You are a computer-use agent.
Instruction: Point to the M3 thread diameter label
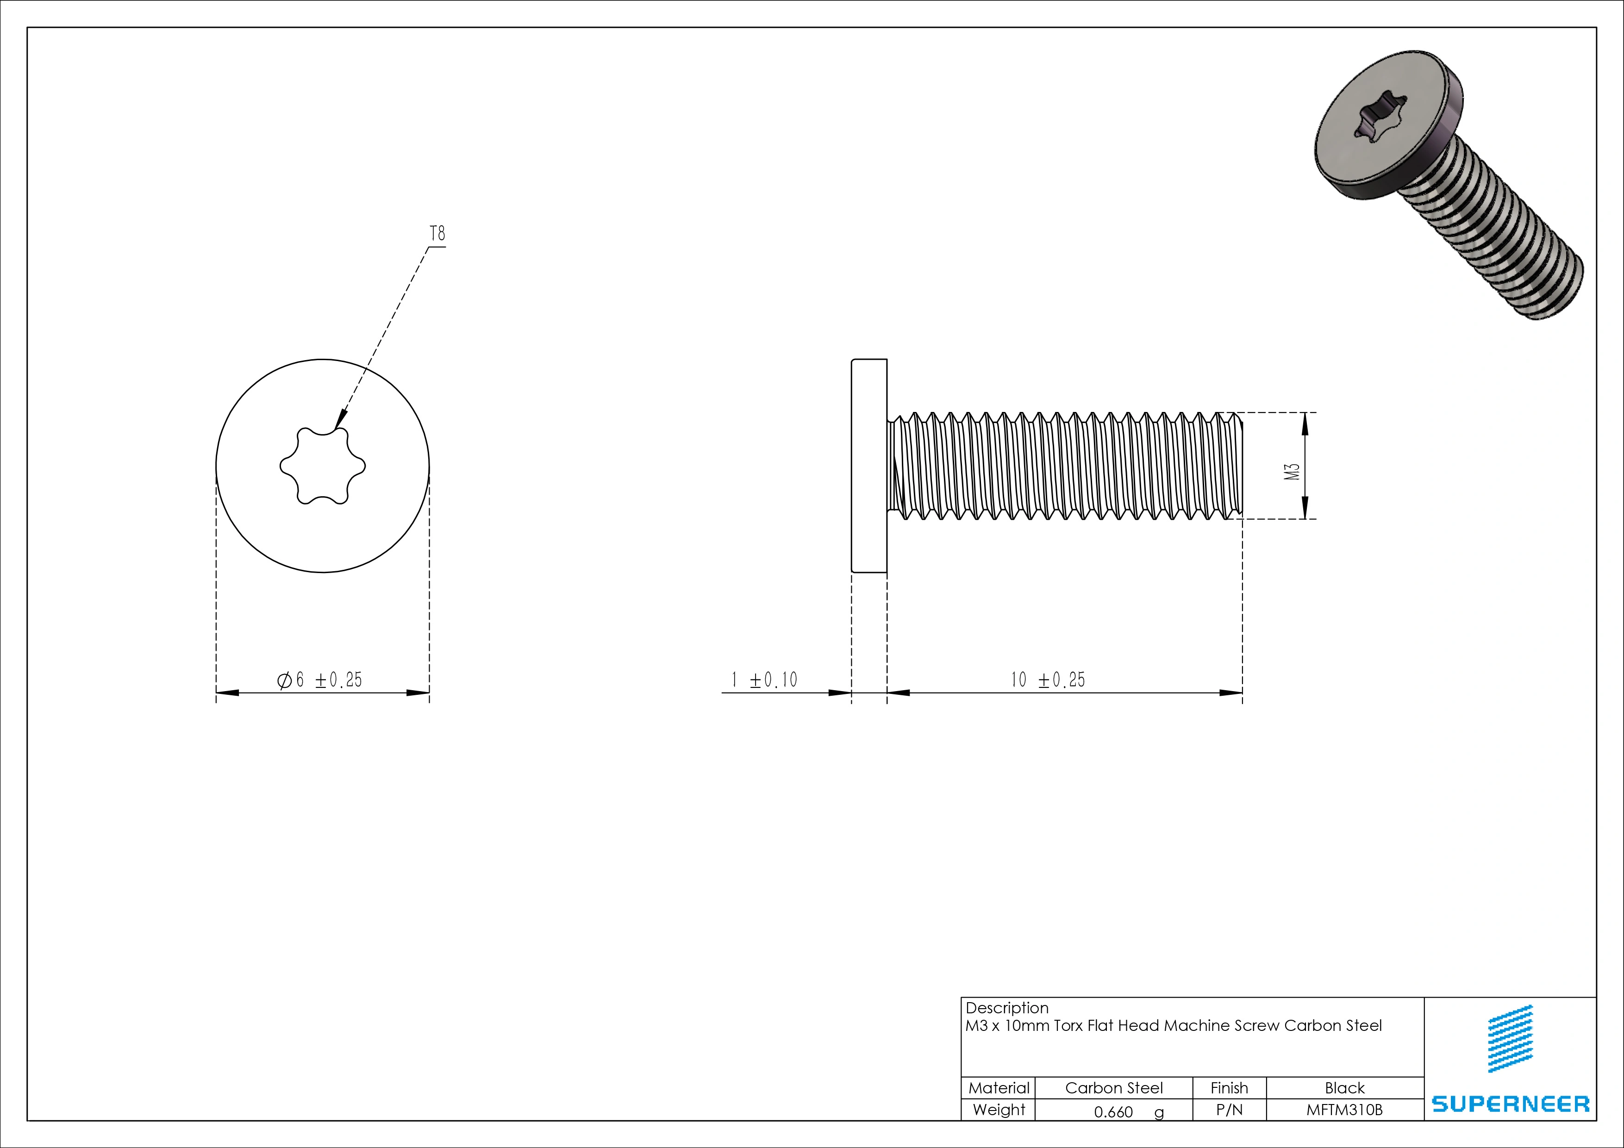[x=1292, y=472]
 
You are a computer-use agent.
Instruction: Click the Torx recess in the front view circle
[x=323, y=465]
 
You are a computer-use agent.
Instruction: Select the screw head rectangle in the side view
[x=868, y=465]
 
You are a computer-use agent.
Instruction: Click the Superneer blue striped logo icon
[x=1510, y=1038]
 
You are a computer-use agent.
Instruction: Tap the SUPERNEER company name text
[x=1510, y=1104]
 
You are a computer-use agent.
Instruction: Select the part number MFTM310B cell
[x=1344, y=1110]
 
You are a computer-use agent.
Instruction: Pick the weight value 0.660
[x=1113, y=1112]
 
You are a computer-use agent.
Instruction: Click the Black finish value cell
[x=1344, y=1088]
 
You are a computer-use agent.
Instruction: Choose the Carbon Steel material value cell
[x=1113, y=1088]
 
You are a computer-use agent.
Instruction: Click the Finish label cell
[x=1229, y=1088]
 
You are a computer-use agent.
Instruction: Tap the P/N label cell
[x=1229, y=1110]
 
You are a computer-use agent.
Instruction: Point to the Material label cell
[x=998, y=1088]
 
